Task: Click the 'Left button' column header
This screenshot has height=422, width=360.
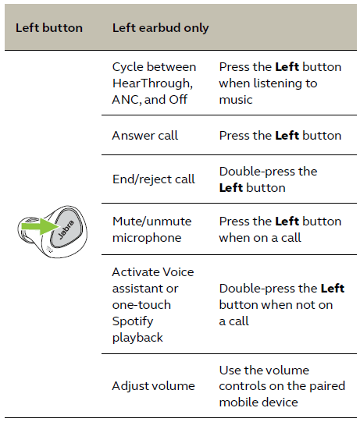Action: [x=49, y=28]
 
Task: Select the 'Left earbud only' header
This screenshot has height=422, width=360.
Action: [x=161, y=29]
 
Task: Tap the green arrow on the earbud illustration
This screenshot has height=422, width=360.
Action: [x=41, y=226]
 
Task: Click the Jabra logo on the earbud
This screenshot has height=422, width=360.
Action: [x=66, y=229]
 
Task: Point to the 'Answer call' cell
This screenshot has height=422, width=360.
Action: [x=145, y=136]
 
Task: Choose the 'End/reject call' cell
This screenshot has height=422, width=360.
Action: [x=154, y=179]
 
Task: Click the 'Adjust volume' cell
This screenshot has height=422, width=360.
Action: [x=153, y=386]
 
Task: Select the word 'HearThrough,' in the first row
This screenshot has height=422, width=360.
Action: [x=152, y=83]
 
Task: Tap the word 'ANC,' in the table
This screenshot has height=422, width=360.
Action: [x=127, y=100]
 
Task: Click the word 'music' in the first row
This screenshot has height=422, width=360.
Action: [x=236, y=100]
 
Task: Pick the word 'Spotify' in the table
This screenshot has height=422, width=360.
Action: [x=133, y=321]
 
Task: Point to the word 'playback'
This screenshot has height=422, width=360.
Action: [x=137, y=338]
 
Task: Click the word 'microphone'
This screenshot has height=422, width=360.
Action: [x=147, y=238]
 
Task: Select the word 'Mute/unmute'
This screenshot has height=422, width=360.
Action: [x=152, y=222]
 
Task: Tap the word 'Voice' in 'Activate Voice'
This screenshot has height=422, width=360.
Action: [x=178, y=272]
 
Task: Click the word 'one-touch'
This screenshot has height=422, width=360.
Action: [x=141, y=305]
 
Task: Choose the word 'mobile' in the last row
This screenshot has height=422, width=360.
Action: [x=237, y=402]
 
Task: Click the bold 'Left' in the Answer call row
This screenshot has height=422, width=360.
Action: [x=287, y=136]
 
